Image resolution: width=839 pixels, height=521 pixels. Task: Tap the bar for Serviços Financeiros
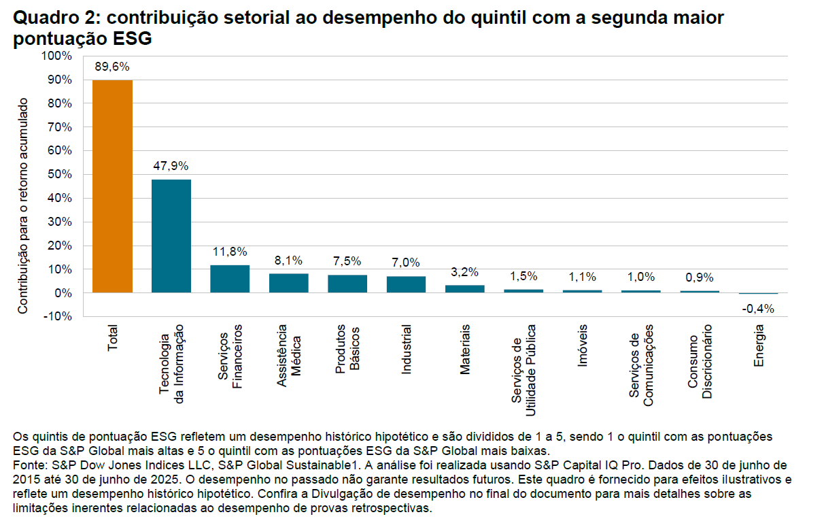[230, 278]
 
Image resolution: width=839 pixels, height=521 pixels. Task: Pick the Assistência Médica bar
[288, 283]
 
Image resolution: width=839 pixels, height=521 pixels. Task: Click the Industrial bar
[406, 284]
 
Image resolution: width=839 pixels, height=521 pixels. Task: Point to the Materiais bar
[464, 288]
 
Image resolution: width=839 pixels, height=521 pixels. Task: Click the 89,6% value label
[112, 67]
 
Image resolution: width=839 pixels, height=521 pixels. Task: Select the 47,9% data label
[171, 166]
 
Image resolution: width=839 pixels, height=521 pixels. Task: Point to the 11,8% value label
[230, 252]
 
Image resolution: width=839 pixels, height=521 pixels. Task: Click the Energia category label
[759, 346]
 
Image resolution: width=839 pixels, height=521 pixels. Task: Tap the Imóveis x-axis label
[582, 347]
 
